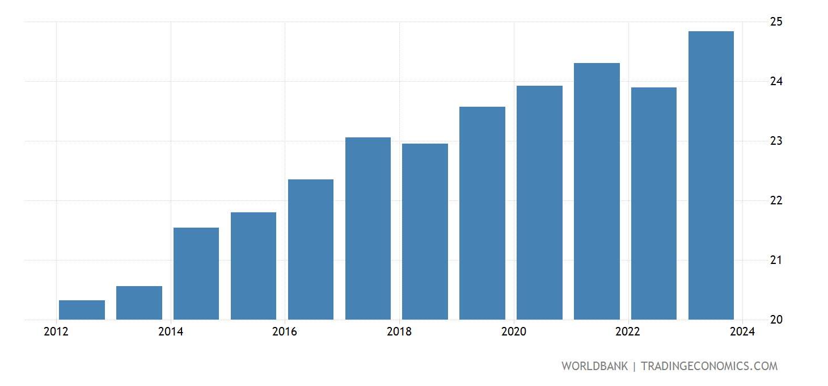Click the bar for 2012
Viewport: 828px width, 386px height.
pos(82,310)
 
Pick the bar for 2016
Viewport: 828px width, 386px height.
pos(311,249)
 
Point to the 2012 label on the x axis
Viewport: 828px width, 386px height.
pos(56,332)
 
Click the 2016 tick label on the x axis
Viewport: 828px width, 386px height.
pos(285,332)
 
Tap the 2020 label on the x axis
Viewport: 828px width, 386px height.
pos(514,332)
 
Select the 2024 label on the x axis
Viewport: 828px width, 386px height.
pos(742,332)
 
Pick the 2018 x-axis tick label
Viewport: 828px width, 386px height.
pos(399,332)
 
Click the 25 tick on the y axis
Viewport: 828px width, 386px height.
pos(776,22)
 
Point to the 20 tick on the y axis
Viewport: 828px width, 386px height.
pos(776,320)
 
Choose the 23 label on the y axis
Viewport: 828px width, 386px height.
pos(776,141)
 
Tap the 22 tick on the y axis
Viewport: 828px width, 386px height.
pos(776,201)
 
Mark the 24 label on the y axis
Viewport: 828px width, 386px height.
pos(776,82)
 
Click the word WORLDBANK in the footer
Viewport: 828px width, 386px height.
pos(594,366)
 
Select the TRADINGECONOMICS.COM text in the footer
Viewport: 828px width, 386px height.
pos(709,366)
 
